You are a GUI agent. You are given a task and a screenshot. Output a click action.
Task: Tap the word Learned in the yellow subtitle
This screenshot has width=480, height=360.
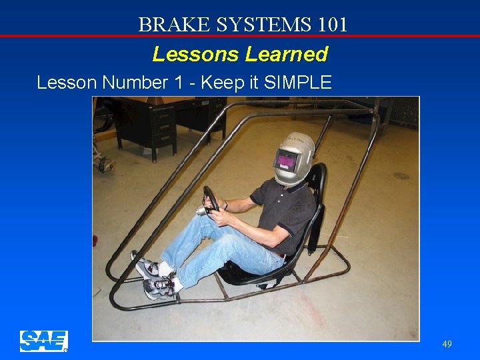[287, 54]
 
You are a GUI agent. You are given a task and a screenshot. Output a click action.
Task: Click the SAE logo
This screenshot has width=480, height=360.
[43, 341]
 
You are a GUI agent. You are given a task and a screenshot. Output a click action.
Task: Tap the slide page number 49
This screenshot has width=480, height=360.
[447, 344]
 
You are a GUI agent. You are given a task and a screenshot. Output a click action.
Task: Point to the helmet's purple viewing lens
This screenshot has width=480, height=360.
[285, 161]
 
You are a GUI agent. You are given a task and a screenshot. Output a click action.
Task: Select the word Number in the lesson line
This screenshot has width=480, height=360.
[133, 83]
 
